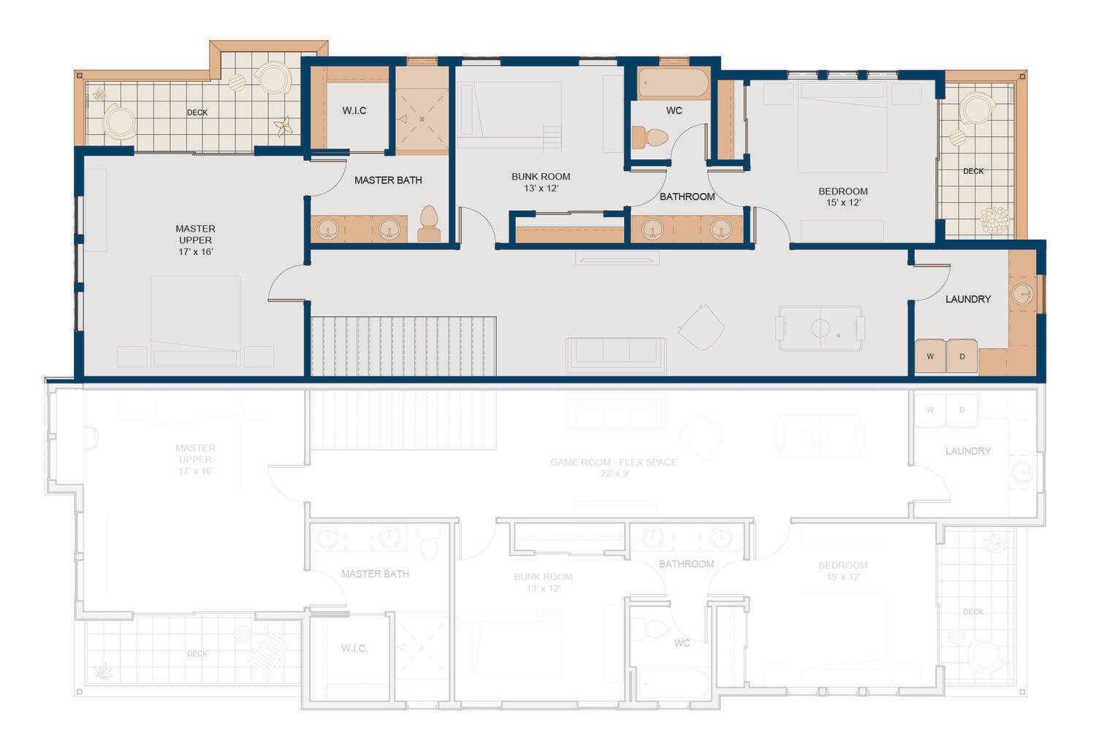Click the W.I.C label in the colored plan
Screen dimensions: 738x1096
click(354, 110)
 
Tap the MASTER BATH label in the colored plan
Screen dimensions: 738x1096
click(388, 180)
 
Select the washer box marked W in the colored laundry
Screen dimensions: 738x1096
click(930, 357)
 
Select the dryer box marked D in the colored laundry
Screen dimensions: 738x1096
click(962, 357)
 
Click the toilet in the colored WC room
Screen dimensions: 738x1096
click(650, 137)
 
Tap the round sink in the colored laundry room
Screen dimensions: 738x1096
click(1024, 294)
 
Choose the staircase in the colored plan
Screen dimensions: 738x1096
click(403, 346)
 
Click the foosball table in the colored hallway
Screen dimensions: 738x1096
click(821, 328)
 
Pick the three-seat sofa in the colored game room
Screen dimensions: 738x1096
click(616, 354)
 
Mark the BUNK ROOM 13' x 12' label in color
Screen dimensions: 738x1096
click(541, 182)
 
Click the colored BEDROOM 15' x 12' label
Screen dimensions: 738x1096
click(843, 197)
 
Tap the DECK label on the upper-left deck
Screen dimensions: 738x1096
click(197, 113)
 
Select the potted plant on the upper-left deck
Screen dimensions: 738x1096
click(283, 127)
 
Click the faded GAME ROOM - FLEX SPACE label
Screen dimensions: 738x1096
click(614, 468)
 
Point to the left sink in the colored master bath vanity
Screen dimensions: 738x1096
click(326, 229)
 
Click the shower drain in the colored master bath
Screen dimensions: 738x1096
click(422, 118)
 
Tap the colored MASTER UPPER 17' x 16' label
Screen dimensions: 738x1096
click(196, 240)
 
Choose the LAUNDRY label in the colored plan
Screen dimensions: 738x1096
click(968, 299)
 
